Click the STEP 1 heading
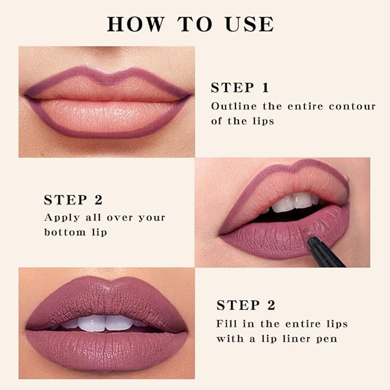point(240,88)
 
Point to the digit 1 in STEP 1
point(265,88)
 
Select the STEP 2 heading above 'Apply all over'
point(73,200)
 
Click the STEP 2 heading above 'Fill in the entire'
point(245,305)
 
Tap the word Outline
point(230,106)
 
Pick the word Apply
point(59,218)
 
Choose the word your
point(150,218)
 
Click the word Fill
point(226,323)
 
